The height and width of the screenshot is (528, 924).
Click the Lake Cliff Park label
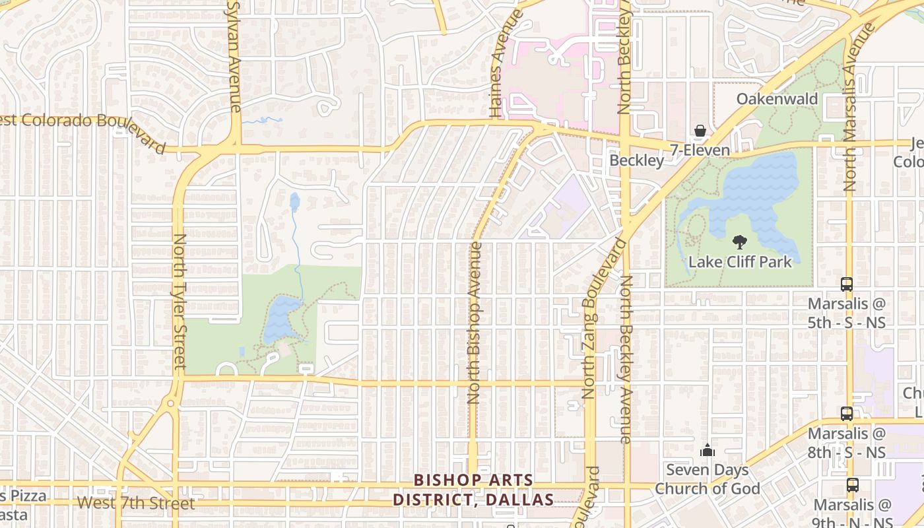click(740, 262)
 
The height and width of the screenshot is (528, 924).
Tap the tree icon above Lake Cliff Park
click(739, 242)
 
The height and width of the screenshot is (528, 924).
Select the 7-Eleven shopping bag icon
click(700, 131)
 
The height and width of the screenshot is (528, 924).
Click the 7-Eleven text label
click(700, 150)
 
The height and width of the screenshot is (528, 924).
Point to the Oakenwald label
click(777, 100)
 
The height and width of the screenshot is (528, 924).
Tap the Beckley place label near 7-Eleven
click(636, 160)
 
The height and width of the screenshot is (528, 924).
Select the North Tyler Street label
click(179, 301)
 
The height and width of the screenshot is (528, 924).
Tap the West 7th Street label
click(136, 504)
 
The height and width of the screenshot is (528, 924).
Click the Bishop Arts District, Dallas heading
click(473, 490)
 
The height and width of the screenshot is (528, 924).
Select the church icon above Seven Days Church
click(707, 451)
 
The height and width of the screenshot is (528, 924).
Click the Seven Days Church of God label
click(707, 480)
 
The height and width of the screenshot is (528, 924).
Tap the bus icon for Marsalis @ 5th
click(847, 284)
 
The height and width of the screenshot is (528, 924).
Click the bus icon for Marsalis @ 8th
click(847, 414)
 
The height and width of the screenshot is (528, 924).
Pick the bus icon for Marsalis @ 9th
click(852, 485)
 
